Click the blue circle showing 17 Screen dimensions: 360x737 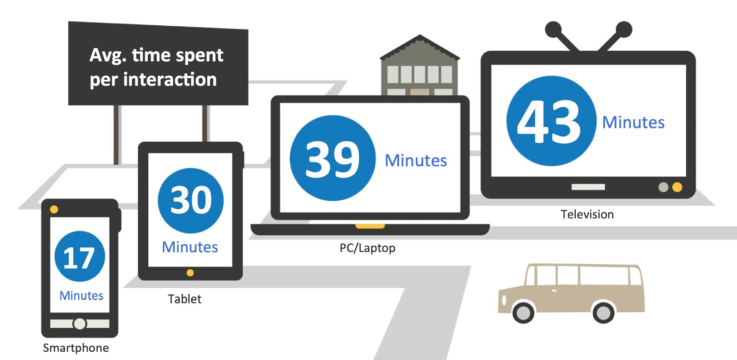(x=80, y=256)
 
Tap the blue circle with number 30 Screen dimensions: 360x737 (x=191, y=200)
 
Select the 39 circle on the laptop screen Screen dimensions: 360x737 (x=333, y=158)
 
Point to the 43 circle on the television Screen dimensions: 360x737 (x=551, y=121)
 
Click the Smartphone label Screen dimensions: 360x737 (x=76, y=348)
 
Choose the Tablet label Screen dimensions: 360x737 (x=185, y=299)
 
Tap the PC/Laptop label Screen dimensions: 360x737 (x=367, y=248)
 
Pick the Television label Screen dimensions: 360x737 (x=587, y=215)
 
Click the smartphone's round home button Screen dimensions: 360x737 (x=80, y=324)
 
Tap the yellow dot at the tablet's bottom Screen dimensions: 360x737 (x=190, y=273)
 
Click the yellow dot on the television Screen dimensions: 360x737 (x=677, y=187)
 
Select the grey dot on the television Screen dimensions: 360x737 (x=663, y=187)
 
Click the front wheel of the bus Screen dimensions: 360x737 (x=523, y=313)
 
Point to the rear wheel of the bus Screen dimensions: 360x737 (x=603, y=313)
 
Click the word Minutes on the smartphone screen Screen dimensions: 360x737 (x=82, y=296)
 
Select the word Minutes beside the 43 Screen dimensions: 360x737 (x=633, y=122)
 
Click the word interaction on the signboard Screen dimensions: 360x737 (x=170, y=80)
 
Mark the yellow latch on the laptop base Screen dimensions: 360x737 (x=370, y=226)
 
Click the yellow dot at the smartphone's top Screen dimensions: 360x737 (x=54, y=209)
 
